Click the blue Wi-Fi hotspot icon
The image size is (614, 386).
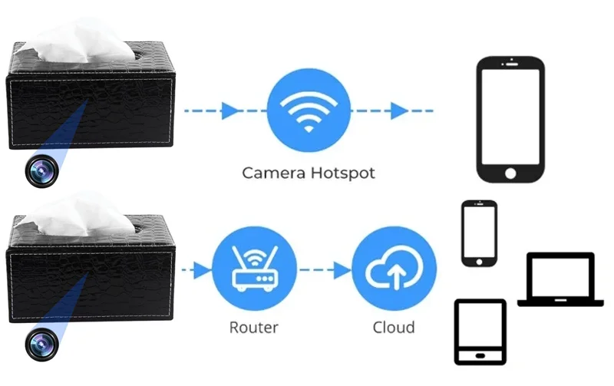point(308,111)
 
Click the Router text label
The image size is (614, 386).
point(254,328)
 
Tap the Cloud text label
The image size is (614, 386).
point(394,328)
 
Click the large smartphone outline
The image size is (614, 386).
point(510,119)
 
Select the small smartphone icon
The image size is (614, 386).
point(479,233)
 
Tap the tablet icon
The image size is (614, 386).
point(480,332)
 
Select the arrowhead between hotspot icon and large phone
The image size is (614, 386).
point(398,111)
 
